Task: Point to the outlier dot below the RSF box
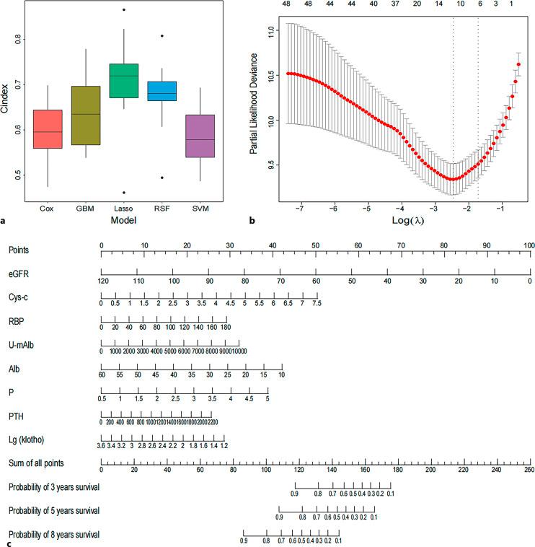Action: pyautogui.click(x=156, y=178)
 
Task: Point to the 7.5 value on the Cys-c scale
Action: pyautogui.click(x=317, y=303)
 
